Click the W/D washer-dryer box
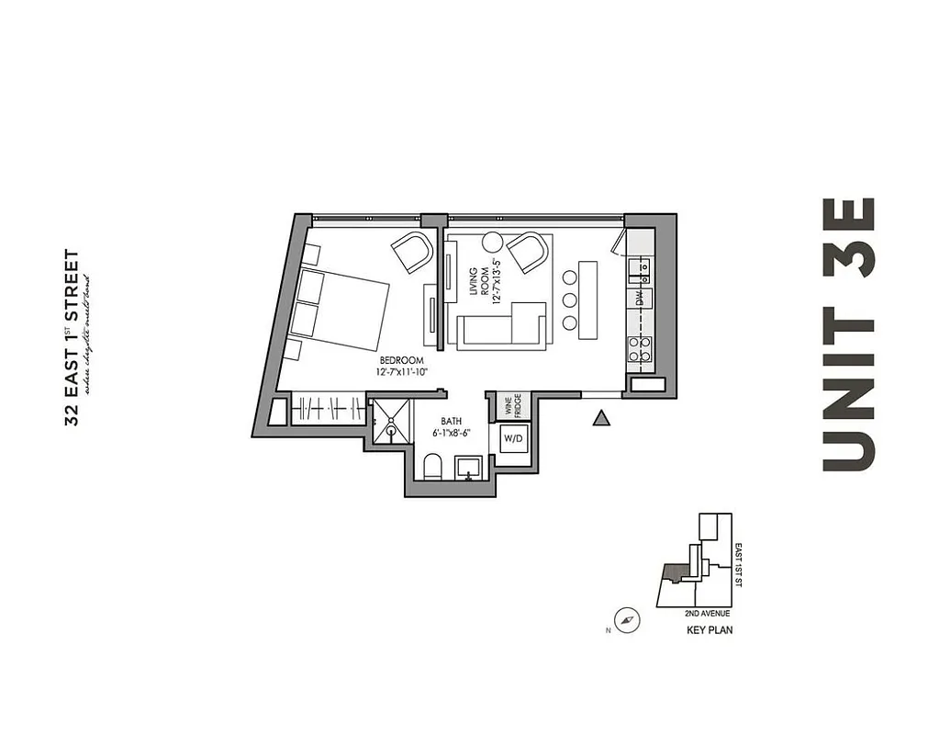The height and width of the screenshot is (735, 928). tap(511, 439)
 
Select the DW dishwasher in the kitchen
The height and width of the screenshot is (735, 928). tap(640, 298)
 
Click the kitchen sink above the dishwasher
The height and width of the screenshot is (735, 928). tap(639, 268)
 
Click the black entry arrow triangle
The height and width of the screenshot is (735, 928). tap(601, 419)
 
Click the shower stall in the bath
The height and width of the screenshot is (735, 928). tap(390, 419)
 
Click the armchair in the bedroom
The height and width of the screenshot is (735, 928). tap(411, 251)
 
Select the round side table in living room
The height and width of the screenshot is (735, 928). tap(493, 243)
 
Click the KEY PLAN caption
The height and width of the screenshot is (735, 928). tap(710, 630)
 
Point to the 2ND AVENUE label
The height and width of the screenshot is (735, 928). tap(707, 613)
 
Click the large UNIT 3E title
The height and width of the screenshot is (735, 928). tap(848, 334)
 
